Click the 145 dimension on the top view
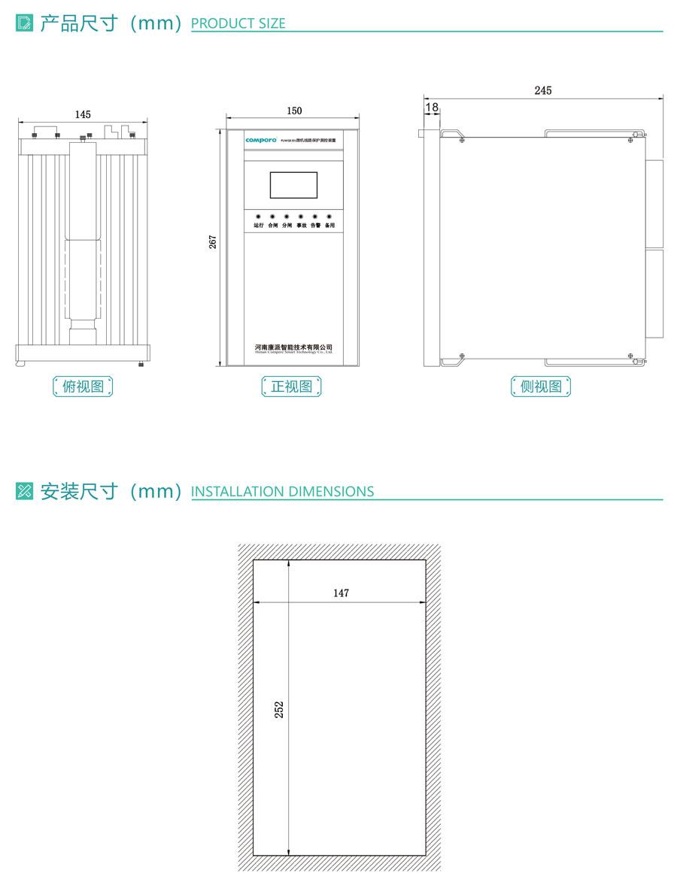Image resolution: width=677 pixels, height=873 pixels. click(x=83, y=114)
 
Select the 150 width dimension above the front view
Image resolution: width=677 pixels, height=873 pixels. click(x=294, y=111)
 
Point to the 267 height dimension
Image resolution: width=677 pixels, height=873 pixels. click(x=213, y=242)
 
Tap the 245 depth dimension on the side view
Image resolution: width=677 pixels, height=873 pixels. click(x=542, y=90)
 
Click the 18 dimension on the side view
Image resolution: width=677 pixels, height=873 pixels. click(x=432, y=108)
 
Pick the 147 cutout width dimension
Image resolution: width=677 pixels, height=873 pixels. click(x=341, y=593)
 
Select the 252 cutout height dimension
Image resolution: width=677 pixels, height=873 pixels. click(x=278, y=709)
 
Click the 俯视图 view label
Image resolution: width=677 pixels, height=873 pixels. click(x=83, y=386)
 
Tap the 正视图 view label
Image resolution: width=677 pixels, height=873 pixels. click(x=291, y=386)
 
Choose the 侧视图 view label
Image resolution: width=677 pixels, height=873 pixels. click(x=541, y=386)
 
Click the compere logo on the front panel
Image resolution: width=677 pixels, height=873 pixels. click(x=262, y=140)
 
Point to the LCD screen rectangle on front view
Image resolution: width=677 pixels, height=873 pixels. click(x=293, y=186)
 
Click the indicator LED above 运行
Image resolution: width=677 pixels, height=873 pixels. click(x=258, y=217)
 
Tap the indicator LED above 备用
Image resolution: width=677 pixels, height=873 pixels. click(x=329, y=217)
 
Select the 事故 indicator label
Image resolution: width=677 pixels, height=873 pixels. click(x=301, y=225)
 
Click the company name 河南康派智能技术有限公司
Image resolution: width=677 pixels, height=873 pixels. click(x=293, y=347)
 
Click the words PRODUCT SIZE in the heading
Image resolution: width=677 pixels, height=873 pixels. click(x=238, y=24)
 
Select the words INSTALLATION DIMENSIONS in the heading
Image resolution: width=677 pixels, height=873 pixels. click(x=282, y=492)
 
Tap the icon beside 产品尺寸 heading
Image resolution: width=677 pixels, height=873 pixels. click(x=24, y=23)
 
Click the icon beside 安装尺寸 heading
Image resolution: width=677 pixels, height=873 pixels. click(x=24, y=491)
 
